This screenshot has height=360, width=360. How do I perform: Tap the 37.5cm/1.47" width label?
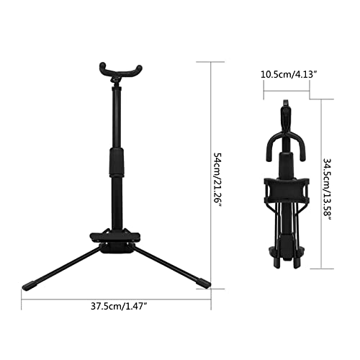pos(116,306)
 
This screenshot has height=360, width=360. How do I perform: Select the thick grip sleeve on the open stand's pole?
pos(116,164)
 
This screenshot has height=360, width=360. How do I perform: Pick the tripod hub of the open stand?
pos(116,240)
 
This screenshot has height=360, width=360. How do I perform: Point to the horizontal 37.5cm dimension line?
pos(116,294)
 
